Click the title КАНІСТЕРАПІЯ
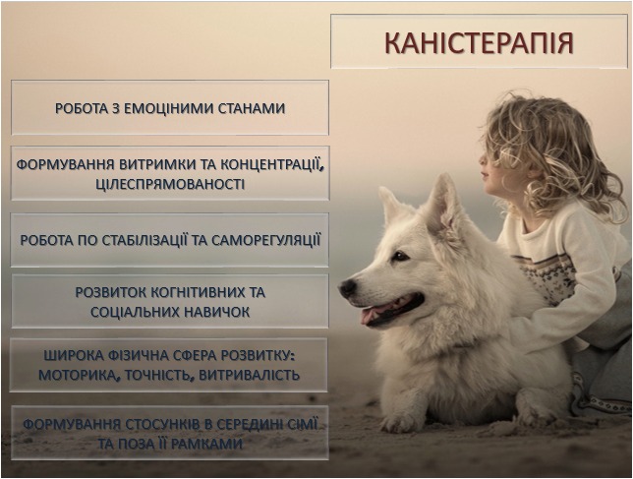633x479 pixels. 479,44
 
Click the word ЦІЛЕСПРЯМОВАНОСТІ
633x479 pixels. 170,184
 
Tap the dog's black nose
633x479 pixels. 348,288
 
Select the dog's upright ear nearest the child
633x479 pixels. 441,204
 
